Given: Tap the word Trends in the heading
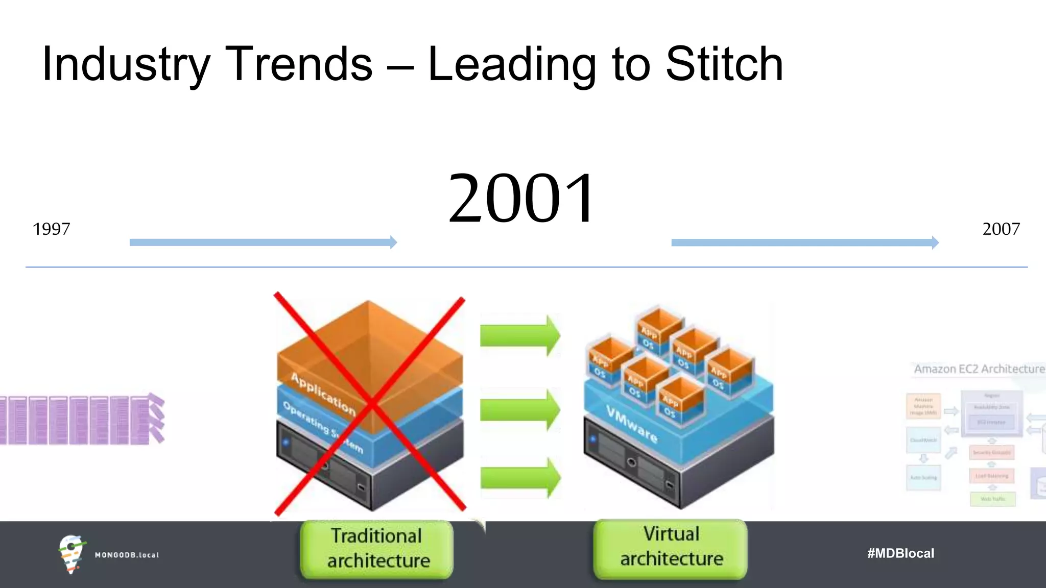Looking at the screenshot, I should coord(299,64).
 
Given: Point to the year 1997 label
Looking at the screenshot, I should coord(51,229).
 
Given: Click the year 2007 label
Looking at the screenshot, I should coord(1001,229).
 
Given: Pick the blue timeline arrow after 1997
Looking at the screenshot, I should coord(263,242).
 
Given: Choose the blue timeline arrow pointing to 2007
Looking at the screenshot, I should coord(804,242).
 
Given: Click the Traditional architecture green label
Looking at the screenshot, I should coord(377,549).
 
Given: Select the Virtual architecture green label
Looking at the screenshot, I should coord(671,547).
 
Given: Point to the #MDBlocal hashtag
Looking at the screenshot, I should coord(900,553).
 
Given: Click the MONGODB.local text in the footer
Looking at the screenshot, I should coord(127,555).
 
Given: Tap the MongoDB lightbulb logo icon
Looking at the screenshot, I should coord(70,554).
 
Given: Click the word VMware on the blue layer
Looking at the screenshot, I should coord(632,424).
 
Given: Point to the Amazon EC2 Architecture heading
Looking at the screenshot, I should coord(979,369).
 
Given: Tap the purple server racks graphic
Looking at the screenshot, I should coord(82,419).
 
